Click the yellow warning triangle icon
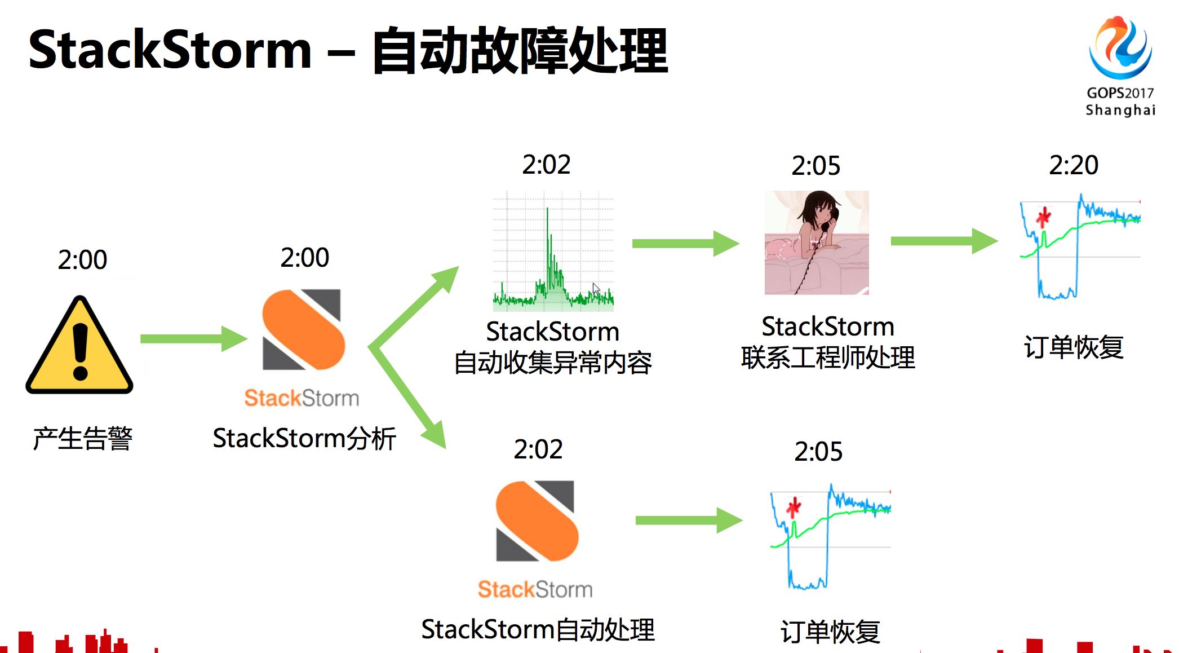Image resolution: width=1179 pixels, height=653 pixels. pos(79,346)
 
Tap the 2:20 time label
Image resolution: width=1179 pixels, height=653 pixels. pos(1073,165)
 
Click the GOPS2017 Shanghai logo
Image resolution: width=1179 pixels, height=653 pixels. pos(1120,65)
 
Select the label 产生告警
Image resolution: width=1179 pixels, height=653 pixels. pos(82,438)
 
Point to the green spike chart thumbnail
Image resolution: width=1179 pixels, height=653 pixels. pos(553,252)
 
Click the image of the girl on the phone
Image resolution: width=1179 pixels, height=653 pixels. pos(816,242)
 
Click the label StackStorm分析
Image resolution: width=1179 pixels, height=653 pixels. pos(304,438)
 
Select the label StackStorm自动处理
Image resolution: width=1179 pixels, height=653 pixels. pos(538,629)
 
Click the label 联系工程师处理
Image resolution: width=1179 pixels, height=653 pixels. pos(828,358)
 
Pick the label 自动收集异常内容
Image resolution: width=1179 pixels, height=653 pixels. pos(553,362)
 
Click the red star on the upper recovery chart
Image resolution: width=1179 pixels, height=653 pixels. pos(1043,217)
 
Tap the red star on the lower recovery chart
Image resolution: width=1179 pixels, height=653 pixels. pos(794,507)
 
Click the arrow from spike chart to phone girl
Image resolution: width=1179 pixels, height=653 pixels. pos(685,244)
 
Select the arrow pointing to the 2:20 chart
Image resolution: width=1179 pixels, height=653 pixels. pos(943,241)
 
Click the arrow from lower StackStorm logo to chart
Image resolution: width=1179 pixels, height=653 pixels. pos(688,520)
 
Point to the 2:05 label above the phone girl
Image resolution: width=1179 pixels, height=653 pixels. pos(815,166)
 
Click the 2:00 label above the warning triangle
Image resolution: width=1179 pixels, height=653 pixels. pos(82,260)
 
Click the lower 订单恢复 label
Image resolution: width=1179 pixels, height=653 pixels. pos(830,632)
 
